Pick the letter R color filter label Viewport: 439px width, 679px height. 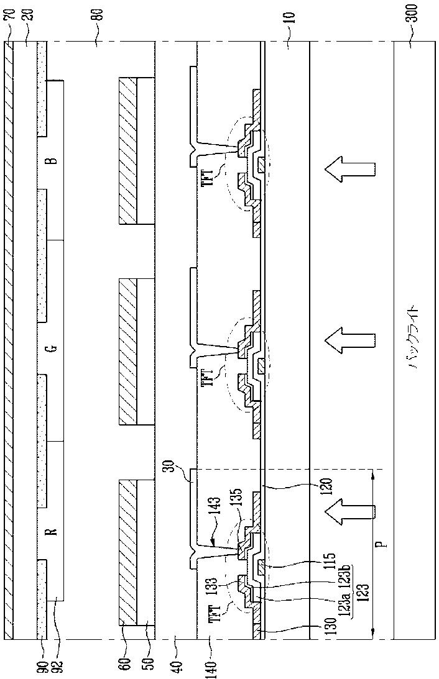(53, 531)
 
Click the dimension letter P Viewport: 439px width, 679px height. (386, 543)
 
